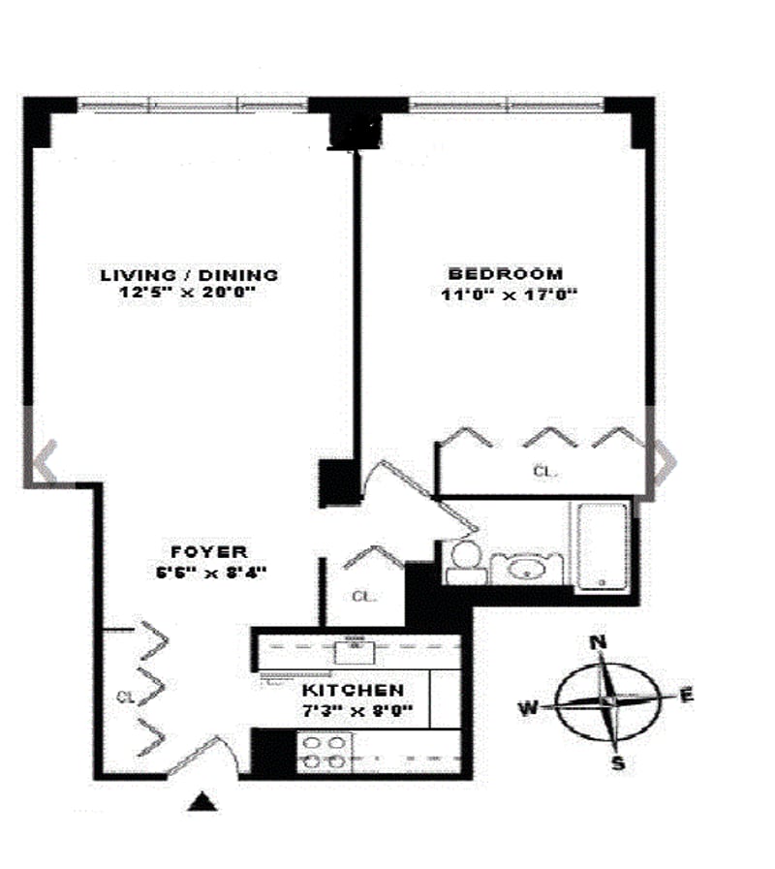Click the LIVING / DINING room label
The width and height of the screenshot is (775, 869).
coord(190,274)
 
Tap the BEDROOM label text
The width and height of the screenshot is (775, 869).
coord(505,274)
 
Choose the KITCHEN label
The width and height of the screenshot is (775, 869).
coord(353,691)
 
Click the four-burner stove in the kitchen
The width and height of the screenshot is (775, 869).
coord(322,751)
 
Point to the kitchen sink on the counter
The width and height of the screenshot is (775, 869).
coord(356,648)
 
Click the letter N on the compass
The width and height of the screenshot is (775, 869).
coord(599,642)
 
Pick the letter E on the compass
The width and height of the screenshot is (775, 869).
coord(686,695)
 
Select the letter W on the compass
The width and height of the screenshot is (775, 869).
coord(528,708)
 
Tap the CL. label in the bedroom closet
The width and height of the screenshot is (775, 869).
coord(546,472)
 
